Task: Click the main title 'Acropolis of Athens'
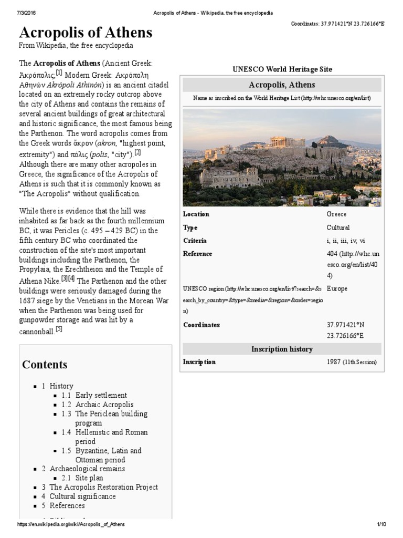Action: tap(86, 33)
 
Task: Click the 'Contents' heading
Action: tap(45, 364)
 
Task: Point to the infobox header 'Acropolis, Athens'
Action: tap(282, 85)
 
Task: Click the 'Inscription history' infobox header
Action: tap(282, 349)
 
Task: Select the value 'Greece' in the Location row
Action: tap(336, 214)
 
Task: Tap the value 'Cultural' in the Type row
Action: tap(338, 227)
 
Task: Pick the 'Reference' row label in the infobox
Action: tap(198, 254)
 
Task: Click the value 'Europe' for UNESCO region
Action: tap(337, 288)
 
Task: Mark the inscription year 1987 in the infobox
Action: tap(334, 362)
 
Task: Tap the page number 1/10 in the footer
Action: tap(381, 525)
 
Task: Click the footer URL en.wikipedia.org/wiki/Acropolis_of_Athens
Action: tap(71, 525)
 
